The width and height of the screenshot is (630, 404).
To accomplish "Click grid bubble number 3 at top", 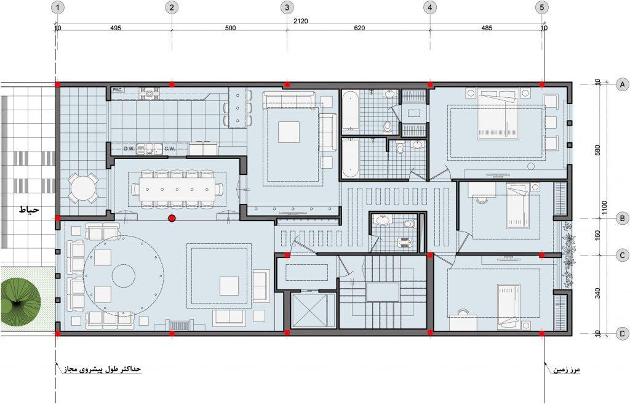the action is click(x=287, y=7).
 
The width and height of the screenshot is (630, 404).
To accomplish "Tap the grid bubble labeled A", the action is click(x=623, y=84).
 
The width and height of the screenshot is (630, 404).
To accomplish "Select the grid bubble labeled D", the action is click(x=623, y=333).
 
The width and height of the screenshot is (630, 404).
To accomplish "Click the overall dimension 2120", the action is click(x=300, y=21).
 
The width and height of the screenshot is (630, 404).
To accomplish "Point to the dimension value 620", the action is click(x=359, y=28).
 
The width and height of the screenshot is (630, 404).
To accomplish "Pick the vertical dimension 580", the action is click(x=599, y=150).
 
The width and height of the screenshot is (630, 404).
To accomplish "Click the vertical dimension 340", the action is click(x=598, y=293).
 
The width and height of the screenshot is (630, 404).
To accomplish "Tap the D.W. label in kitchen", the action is click(x=129, y=149).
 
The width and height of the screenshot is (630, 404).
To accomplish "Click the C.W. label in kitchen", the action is click(x=170, y=149).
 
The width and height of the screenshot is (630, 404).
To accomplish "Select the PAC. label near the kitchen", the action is click(x=118, y=90).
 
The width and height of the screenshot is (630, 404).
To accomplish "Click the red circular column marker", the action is click(x=172, y=219).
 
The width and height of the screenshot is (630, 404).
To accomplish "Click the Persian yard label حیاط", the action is click(x=30, y=209).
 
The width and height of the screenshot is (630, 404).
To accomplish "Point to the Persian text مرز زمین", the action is click(x=567, y=369).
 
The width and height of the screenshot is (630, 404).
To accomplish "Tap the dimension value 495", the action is click(x=115, y=28).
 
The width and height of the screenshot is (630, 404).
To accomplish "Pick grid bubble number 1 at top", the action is click(x=58, y=7).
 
